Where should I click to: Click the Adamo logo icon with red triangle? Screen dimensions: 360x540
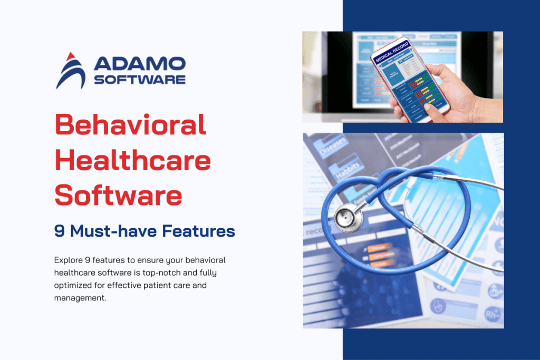click(x=71, y=71)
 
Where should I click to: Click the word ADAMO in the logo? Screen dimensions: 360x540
click(x=139, y=64)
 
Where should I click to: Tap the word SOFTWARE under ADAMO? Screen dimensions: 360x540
click(x=139, y=80)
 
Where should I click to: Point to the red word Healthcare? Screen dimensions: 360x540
click(x=133, y=160)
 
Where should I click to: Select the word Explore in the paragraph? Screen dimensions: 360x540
click(x=68, y=260)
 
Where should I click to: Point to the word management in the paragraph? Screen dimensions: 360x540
click(x=79, y=298)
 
